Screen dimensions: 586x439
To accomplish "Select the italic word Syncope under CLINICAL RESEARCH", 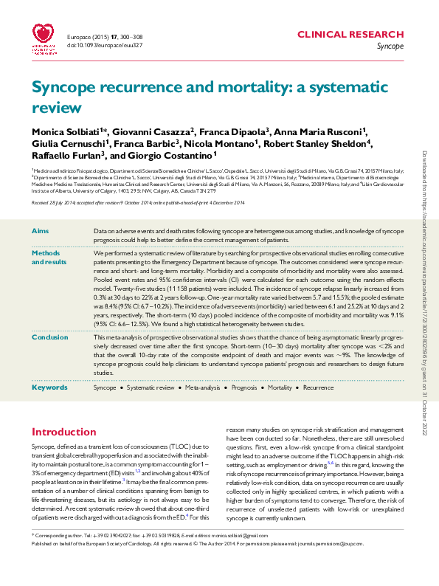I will coord(390,46).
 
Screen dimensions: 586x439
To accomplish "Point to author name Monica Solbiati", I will coord(63,130).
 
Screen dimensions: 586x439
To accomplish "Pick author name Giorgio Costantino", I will coord(174,155).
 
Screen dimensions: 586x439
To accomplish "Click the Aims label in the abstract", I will coord(41,232).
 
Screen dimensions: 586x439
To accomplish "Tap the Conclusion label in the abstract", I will coord(50,337).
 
